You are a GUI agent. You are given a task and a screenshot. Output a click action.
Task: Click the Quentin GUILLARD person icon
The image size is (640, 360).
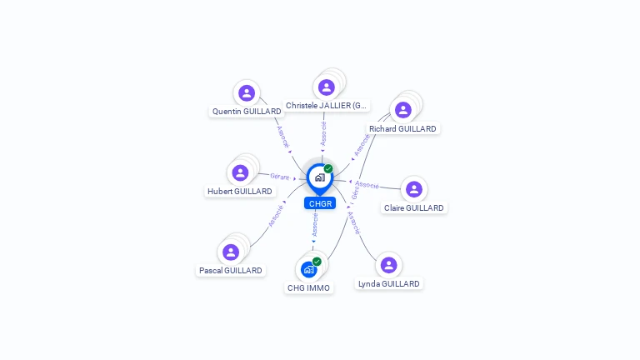coord(246,93)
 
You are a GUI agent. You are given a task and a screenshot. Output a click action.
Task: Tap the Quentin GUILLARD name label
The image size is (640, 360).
coord(247,111)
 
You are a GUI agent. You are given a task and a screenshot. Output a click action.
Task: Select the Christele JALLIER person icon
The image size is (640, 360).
coord(326,87)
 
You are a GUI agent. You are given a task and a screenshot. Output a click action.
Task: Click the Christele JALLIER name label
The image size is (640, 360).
coord(326,106)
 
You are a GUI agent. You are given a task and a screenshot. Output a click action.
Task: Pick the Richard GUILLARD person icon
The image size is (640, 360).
coord(403,110)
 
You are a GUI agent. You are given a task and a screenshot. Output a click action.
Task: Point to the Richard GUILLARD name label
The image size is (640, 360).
coord(402,129)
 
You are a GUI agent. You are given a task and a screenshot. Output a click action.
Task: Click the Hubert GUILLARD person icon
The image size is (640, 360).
coord(240,172)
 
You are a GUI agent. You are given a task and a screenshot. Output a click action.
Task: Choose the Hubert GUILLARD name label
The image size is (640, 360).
coord(240,192)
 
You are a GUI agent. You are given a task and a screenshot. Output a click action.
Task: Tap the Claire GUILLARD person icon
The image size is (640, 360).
coord(414,189)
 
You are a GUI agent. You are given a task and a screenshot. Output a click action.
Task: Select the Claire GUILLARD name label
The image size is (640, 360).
coord(414,208)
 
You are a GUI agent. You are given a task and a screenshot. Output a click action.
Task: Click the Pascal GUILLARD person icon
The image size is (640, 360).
coord(231,252)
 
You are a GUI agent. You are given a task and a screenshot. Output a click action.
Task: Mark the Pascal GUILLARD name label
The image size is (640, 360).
coord(231,271)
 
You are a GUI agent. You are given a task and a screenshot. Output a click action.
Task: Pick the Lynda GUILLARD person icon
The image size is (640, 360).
coord(388,265)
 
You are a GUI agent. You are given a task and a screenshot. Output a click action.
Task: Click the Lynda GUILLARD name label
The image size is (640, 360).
coord(389,284)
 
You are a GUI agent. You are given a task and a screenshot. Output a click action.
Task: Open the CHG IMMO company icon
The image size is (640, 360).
coord(309,269)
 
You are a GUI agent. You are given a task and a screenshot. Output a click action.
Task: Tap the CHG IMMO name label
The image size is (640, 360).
coord(308,288)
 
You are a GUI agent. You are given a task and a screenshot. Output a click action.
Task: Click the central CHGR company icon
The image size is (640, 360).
coord(319,177)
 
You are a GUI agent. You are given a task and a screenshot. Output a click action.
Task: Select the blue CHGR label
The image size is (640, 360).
coord(320,203)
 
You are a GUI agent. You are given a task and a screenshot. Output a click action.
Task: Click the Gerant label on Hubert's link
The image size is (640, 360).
coord(280,177)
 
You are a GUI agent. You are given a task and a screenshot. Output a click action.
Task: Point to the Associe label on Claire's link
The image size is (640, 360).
coord(367,184)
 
